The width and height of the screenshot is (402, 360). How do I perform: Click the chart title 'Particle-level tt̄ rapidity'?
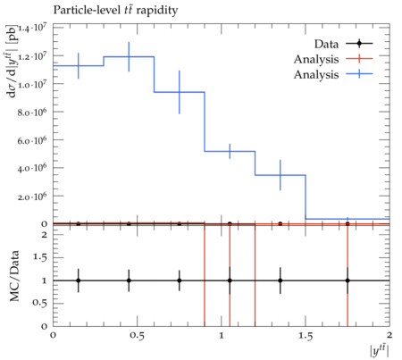coord(115,11)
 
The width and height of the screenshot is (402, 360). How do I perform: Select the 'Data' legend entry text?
coord(326,44)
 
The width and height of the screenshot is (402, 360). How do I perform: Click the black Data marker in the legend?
coord(359,44)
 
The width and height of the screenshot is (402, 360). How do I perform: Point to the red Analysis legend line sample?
coord(359,59)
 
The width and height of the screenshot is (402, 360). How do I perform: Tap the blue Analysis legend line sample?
coord(359,74)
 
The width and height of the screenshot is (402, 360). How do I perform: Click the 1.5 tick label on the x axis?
coord(306,336)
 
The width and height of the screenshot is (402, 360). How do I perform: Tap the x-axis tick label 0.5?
coord(137,336)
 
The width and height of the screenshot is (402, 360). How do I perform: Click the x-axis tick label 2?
coord(389,335)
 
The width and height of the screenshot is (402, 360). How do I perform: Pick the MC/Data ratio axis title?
coord(14,276)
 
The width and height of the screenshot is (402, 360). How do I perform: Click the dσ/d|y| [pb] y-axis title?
coord(12,61)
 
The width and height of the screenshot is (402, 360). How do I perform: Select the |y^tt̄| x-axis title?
coord(380,350)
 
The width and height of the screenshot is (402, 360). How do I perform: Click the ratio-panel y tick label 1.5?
coord(39,257)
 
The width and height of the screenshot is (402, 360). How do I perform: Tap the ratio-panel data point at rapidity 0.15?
coord(79,280)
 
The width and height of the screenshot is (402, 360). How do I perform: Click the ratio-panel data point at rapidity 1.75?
coord(348,280)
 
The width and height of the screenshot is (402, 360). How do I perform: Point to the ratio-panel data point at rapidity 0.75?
coord(180,280)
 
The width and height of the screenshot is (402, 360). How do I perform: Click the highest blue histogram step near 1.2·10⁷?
coord(129,56)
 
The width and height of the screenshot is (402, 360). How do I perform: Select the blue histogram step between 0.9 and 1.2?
coord(230,151)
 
